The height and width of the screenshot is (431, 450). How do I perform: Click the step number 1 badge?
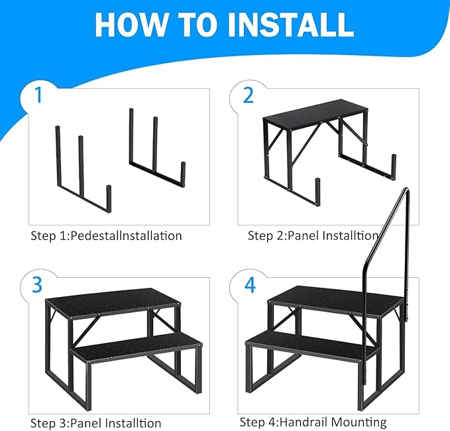coord(38,95)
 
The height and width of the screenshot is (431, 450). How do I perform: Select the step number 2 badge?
coord(249,95)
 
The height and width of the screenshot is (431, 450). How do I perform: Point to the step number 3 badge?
coord(38,284)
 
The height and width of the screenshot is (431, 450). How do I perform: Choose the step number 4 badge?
coord(249,284)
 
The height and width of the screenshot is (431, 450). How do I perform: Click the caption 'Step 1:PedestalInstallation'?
coord(106,235)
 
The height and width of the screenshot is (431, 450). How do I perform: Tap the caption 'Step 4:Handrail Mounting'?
coord(313,422)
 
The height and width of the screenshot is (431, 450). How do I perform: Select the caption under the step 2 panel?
coord(313,235)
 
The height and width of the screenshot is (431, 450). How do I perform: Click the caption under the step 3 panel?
coord(95,422)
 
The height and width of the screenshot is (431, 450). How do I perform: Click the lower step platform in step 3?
coord(136,347)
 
